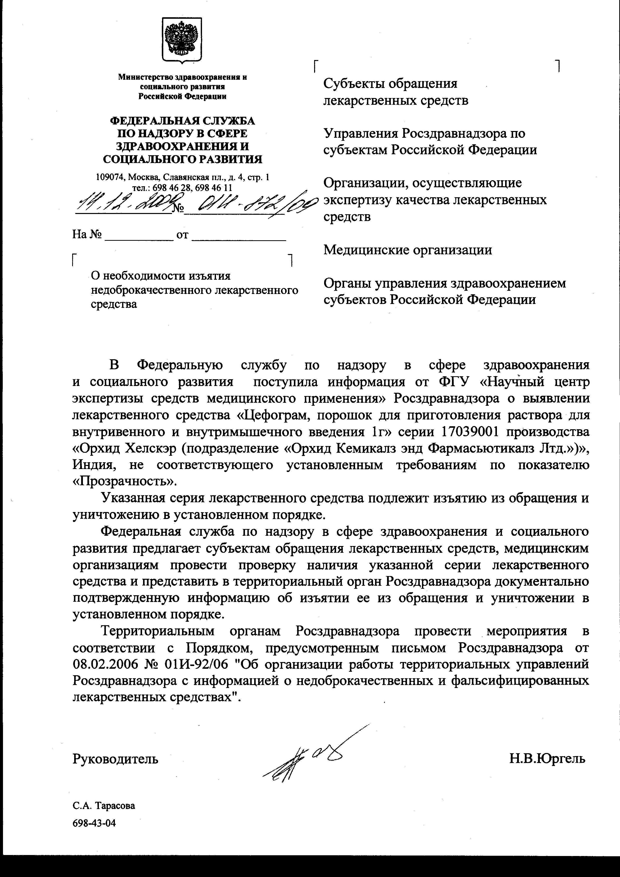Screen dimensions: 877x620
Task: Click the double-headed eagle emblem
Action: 182,39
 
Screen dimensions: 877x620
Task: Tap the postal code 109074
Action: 110,177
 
